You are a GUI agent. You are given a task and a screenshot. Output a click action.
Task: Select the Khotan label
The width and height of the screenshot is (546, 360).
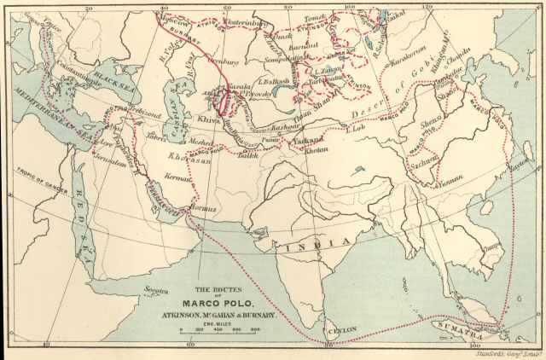tap(316, 150)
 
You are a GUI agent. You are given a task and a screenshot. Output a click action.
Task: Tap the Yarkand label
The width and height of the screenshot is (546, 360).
tap(313, 138)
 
